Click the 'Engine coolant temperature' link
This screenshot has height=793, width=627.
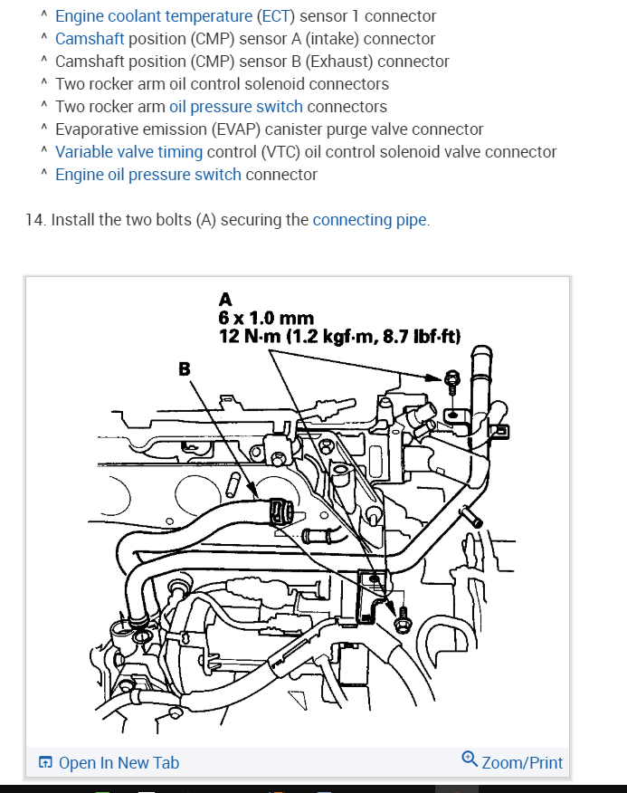[x=154, y=16]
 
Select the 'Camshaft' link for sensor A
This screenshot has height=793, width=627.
[x=90, y=39]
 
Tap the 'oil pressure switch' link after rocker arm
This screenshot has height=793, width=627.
[x=235, y=107]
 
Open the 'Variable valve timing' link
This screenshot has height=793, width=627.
[x=128, y=152]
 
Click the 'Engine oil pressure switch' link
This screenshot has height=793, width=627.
[x=148, y=175]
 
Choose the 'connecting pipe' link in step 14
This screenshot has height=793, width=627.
[x=370, y=220]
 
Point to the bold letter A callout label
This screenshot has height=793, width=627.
[x=225, y=299]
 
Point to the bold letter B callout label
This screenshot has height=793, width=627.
[x=185, y=368]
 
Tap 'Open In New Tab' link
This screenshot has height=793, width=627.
[x=119, y=763]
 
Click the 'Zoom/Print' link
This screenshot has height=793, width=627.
[x=522, y=763]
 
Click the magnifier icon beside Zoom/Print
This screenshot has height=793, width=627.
[x=470, y=760]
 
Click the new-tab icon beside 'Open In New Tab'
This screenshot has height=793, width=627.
[x=46, y=763]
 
